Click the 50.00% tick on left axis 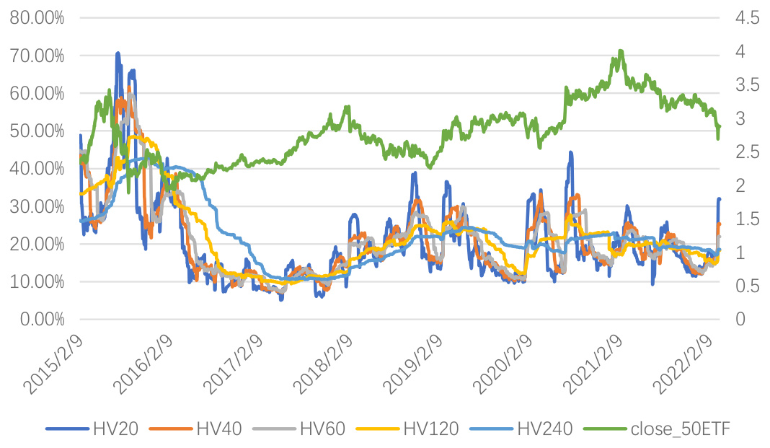click(37, 131)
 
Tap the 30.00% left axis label click(37, 206)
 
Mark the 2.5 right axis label click(747, 152)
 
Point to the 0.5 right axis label click(747, 286)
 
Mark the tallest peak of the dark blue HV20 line click(118, 53)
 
